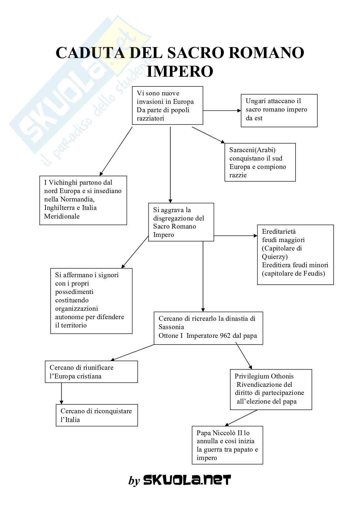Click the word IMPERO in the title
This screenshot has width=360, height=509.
(180, 71)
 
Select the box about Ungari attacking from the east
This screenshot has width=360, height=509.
(279, 110)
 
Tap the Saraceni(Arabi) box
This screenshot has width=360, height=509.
(260, 162)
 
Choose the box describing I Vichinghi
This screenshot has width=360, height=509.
(83, 200)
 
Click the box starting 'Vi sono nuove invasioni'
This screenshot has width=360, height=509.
(167, 105)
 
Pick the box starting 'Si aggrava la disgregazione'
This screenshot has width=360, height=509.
(181, 222)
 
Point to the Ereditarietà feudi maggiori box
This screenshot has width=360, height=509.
(295, 255)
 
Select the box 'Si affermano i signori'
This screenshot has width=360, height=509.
(91, 301)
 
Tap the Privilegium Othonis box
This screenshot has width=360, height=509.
(271, 389)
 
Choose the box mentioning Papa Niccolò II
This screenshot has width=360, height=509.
(227, 445)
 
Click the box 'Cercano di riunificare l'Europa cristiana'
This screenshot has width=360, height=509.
(91, 372)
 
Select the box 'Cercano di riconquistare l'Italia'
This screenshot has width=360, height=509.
(97, 415)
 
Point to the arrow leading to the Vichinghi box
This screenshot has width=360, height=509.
(116, 151)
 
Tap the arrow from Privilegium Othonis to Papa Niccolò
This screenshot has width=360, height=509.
(241, 418)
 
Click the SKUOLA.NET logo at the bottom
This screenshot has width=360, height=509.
(187, 480)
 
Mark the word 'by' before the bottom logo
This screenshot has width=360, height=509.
(134, 481)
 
